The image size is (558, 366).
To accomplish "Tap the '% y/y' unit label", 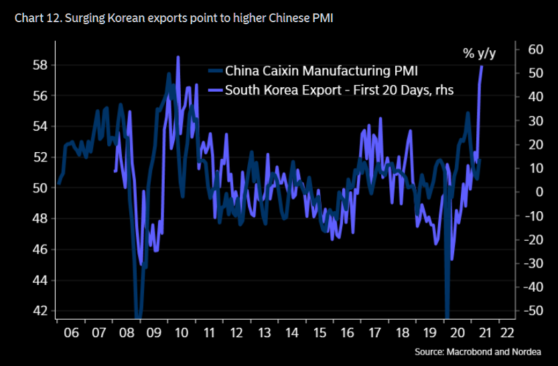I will click(480, 52).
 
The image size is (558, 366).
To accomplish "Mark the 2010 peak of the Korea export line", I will click(178, 57).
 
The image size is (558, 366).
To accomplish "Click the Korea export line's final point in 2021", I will click(482, 66).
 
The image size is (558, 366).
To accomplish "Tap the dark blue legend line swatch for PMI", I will click(216, 70).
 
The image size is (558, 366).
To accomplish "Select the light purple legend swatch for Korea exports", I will click(216, 90).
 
